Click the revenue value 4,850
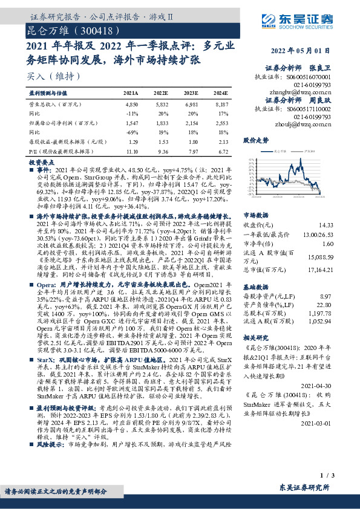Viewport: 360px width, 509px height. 131,105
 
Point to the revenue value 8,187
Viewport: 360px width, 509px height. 220,105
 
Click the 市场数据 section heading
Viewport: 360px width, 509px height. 256,214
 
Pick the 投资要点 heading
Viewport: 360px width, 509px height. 42,163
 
